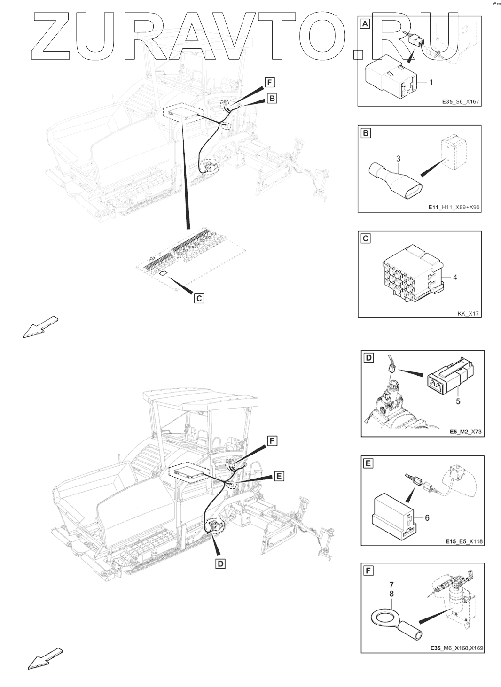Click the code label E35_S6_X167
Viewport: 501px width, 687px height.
pyautogui.click(x=460, y=101)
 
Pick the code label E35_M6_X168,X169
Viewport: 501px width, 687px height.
pyautogui.click(x=457, y=648)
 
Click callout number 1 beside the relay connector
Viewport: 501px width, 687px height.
pyautogui.click(x=431, y=82)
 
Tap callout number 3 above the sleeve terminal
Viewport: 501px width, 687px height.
pyautogui.click(x=398, y=160)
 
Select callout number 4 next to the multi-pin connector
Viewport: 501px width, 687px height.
pyautogui.click(x=454, y=277)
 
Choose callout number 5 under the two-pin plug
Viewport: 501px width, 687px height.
pyautogui.click(x=458, y=401)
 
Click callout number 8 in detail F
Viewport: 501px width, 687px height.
pyautogui.click(x=391, y=594)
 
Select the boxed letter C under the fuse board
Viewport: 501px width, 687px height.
pyautogui.click(x=199, y=298)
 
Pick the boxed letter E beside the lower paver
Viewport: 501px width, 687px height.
pyautogui.click(x=279, y=476)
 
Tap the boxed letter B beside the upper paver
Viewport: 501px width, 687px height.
pyautogui.click(x=272, y=98)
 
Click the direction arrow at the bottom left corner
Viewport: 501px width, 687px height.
pyautogui.click(x=45, y=658)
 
